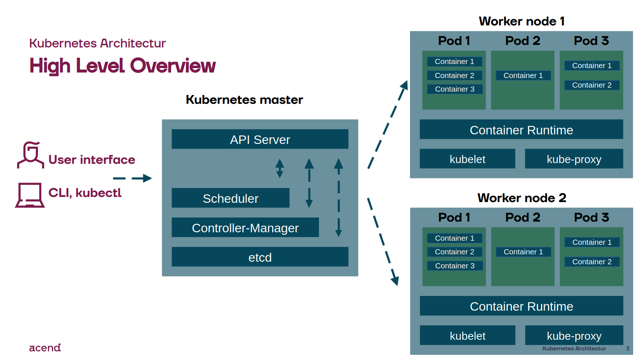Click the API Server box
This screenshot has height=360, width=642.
tap(260, 139)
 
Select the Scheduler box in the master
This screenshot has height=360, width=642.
tap(230, 198)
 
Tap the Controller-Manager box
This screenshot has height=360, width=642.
tap(245, 227)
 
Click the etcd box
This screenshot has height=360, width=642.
tap(260, 257)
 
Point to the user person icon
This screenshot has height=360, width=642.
tap(30, 155)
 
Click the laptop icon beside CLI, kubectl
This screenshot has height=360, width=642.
tap(30, 195)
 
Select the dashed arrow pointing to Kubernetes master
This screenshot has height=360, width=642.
tap(133, 179)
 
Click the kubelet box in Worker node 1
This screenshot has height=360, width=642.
tap(467, 159)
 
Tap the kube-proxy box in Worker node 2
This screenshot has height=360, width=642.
tap(573, 335)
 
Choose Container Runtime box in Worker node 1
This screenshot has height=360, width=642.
tap(521, 130)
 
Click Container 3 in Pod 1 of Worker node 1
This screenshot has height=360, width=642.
tap(455, 89)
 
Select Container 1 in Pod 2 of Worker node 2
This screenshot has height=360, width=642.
tap(523, 252)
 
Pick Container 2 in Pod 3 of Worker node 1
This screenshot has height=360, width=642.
tap(592, 85)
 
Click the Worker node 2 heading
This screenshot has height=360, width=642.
tap(521, 198)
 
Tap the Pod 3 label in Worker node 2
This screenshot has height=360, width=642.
tap(591, 217)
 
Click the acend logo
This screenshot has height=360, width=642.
tap(45, 347)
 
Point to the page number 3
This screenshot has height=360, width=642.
tap(628, 348)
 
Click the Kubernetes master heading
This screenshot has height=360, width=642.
tap(244, 100)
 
